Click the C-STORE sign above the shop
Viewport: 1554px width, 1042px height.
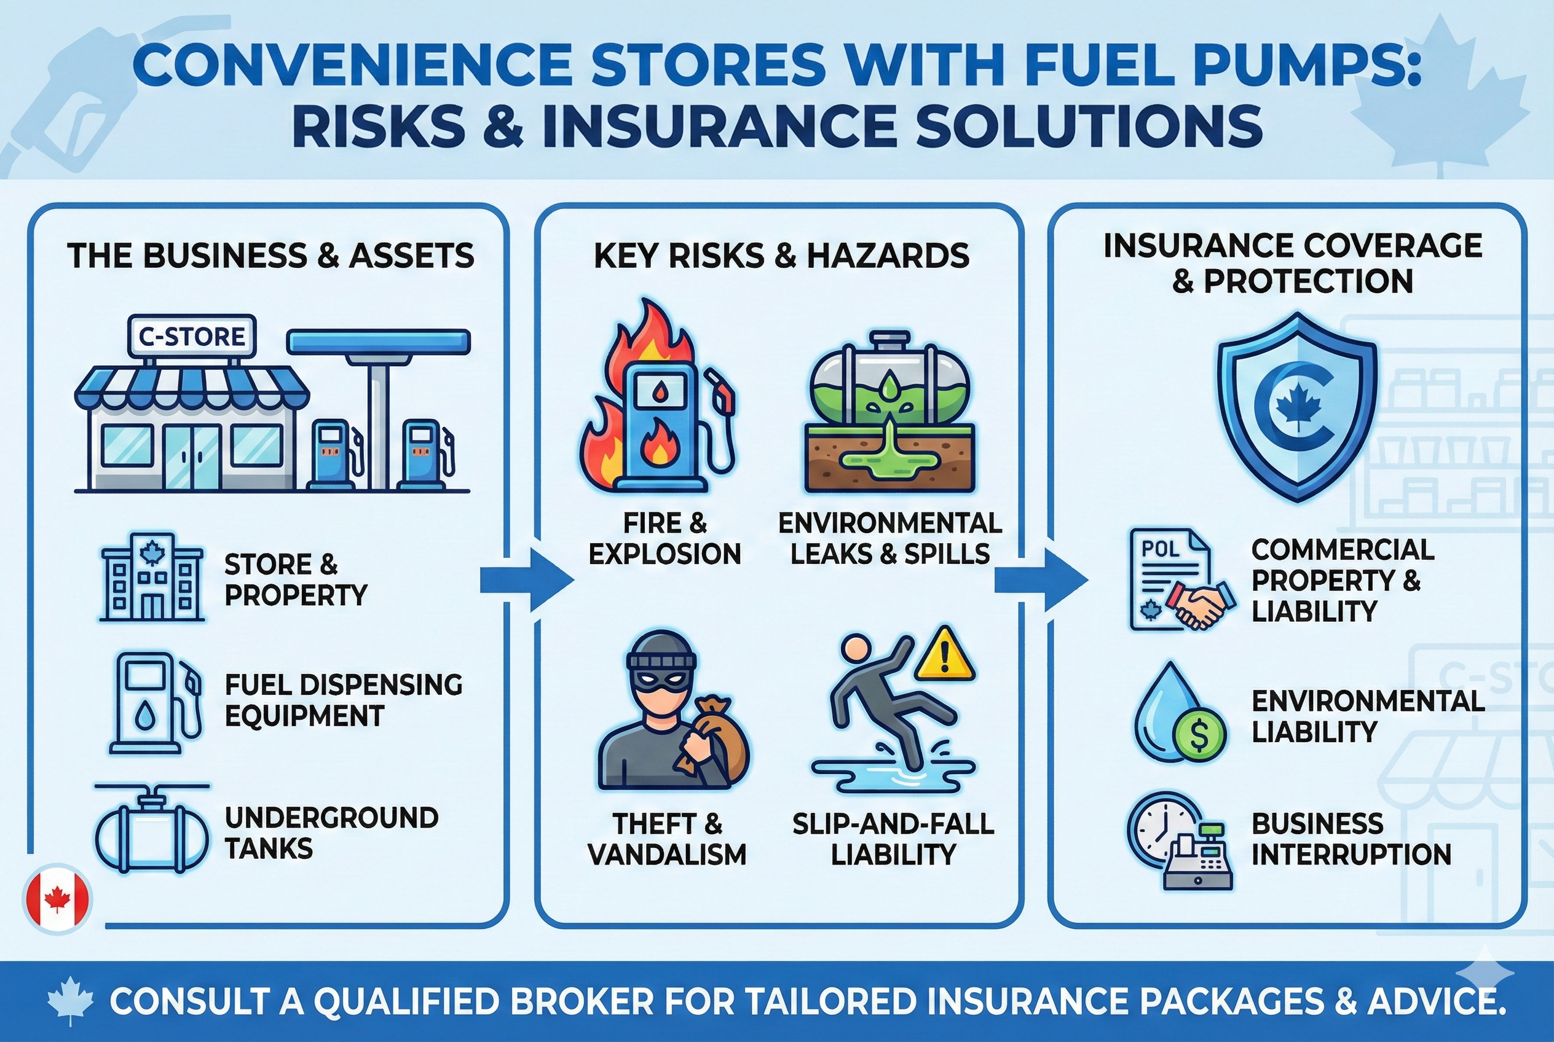192,336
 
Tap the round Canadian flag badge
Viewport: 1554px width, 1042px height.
58,899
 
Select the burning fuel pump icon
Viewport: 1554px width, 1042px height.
658,405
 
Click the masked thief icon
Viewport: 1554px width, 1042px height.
672,711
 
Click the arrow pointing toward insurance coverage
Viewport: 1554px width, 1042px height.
1041,580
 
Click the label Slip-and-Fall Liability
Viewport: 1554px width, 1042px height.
893,839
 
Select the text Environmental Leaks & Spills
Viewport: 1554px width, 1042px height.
889,538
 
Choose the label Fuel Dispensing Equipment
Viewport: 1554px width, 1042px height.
342,700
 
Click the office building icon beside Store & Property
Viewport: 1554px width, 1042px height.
152,578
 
